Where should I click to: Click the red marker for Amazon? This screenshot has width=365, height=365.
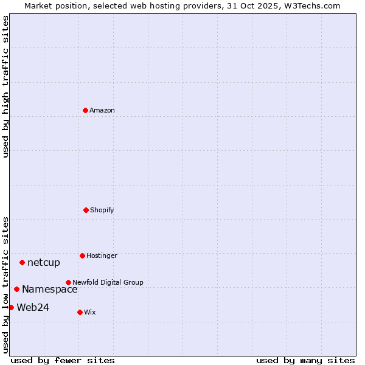tap(85, 110)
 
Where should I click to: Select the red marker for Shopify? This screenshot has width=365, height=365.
tap(86, 210)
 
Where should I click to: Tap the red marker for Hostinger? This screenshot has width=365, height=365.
tap(82, 255)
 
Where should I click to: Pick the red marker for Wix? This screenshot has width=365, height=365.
tap(80, 312)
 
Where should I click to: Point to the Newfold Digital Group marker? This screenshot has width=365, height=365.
tap(68, 282)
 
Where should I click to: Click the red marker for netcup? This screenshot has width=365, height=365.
tap(22, 262)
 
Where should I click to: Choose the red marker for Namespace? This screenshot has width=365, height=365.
tap(16, 289)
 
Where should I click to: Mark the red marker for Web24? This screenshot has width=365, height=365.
tap(11, 307)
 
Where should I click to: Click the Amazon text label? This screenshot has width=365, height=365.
tap(102, 110)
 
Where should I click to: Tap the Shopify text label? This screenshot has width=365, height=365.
tap(102, 210)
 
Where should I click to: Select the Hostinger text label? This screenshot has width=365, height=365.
tap(102, 255)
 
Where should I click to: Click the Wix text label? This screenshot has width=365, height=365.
tap(90, 312)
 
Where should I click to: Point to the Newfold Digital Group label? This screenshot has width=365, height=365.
tap(108, 282)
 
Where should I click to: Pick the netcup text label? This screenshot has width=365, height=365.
tap(44, 263)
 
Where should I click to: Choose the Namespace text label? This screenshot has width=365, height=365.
tap(50, 290)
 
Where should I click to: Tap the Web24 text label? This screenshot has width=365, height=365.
tap(33, 308)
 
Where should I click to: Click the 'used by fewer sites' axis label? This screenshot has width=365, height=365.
tap(63, 360)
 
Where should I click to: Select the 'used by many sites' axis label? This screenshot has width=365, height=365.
tap(305, 360)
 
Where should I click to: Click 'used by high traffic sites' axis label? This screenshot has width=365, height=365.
tap(5, 86)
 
